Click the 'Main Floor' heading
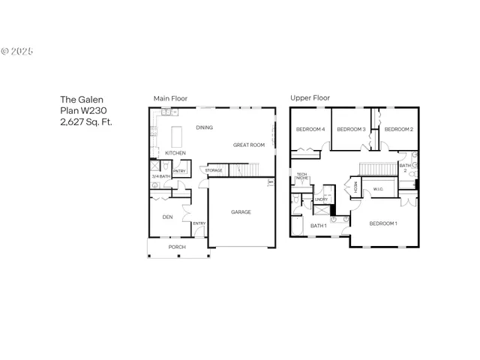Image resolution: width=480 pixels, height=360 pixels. [170, 98]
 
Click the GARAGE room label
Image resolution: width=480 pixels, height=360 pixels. [241, 212]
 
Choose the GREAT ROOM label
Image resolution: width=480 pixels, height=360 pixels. [248, 145]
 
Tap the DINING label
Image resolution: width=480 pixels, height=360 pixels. [204, 127]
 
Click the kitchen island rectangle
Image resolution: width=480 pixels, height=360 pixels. [178, 137]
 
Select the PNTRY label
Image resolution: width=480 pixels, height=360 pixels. [179, 171]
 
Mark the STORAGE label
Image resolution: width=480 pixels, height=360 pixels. [214, 170]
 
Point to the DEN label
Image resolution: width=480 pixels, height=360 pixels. [168, 217]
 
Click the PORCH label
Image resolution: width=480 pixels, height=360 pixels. [176, 247]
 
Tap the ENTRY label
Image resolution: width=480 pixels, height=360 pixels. [199, 223]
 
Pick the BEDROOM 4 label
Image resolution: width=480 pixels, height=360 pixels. [310, 130]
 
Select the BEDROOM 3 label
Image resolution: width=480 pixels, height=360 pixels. [350, 130]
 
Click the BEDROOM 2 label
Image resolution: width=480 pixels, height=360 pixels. [398, 130]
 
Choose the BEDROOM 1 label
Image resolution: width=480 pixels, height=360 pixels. [383, 223]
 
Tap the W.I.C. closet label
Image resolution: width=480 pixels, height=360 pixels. [378, 189]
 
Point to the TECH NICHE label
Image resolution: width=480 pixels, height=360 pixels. [301, 177]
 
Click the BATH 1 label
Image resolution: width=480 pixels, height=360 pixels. [318, 226]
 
